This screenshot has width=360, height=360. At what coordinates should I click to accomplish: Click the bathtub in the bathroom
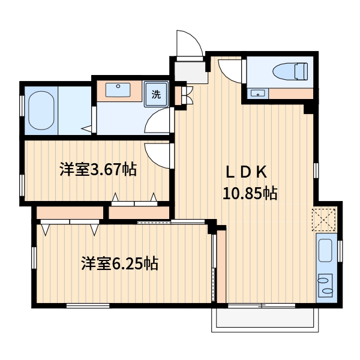click(x=41, y=112)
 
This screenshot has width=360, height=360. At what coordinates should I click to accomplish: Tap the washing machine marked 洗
click(x=157, y=94)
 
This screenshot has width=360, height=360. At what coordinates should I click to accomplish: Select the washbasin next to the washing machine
click(x=118, y=90)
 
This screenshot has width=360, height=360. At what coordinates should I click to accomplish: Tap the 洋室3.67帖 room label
click(x=98, y=170)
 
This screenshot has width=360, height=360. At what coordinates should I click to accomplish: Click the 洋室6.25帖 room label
click(x=119, y=263)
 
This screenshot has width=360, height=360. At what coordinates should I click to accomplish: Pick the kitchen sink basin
click(x=325, y=250)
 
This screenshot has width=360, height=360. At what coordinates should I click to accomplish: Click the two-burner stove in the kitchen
click(x=326, y=284)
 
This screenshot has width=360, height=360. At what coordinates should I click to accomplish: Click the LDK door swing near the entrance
click(x=228, y=70)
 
